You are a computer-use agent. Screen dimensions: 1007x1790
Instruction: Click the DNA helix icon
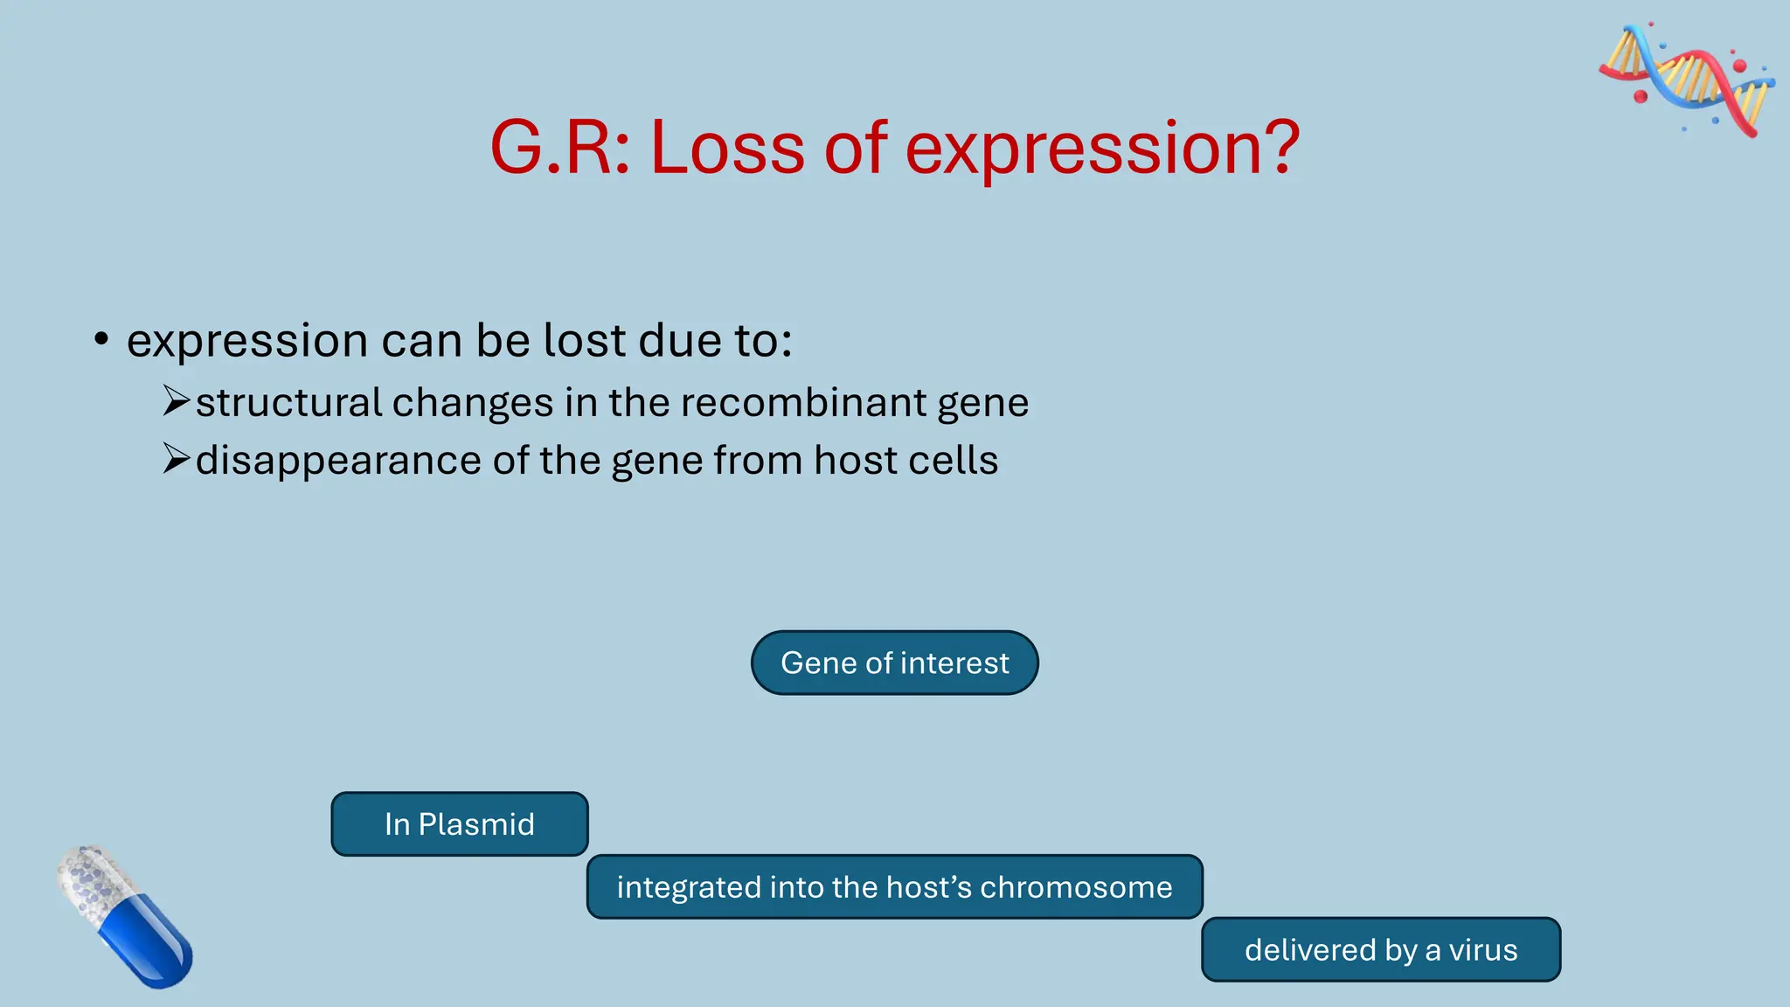pyautogui.click(x=1687, y=80)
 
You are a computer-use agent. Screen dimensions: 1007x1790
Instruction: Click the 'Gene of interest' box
pyautogui.click(x=894, y=663)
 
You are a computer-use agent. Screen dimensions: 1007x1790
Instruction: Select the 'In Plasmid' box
pyautogui.click(x=459, y=823)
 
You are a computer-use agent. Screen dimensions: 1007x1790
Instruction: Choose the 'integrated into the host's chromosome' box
pyautogui.click(x=894, y=886)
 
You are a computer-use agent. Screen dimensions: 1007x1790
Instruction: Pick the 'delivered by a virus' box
pyautogui.click(x=1380, y=949)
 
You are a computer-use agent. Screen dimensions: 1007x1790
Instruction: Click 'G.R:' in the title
pyautogui.click(x=559, y=149)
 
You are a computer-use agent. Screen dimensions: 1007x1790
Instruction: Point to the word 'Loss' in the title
pyautogui.click(x=727, y=149)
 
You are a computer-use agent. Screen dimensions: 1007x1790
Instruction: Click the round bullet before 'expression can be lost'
pyautogui.click(x=101, y=339)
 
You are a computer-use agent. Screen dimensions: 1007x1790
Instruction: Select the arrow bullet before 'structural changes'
pyautogui.click(x=176, y=401)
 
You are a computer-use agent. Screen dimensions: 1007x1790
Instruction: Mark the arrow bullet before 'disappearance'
pyautogui.click(x=176, y=459)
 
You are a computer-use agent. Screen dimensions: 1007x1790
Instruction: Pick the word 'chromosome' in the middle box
pyautogui.click(x=1076, y=887)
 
